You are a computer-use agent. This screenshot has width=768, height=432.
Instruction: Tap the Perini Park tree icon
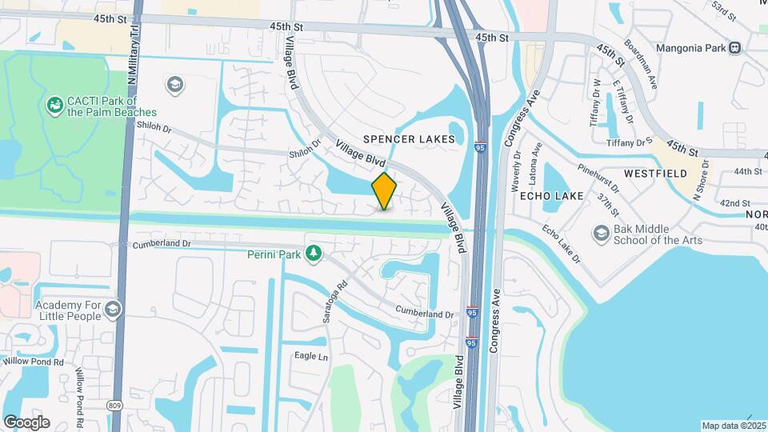coord(314,254)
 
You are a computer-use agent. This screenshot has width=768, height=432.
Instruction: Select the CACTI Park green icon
coord(54,105)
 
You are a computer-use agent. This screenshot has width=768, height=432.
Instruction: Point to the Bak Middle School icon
coord(601,234)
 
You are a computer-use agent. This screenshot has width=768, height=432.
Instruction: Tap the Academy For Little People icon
coord(113,309)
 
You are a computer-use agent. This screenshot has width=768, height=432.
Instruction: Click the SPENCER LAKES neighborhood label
coord(409,139)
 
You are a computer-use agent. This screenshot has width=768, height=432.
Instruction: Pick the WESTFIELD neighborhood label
coord(655,173)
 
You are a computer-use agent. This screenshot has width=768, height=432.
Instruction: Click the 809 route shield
coord(114,406)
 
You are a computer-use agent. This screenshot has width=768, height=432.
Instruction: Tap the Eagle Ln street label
coord(311,356)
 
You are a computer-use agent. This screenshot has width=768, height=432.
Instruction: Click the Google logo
coord(26,422)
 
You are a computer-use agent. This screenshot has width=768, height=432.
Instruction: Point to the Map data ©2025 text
coord(733,426)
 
